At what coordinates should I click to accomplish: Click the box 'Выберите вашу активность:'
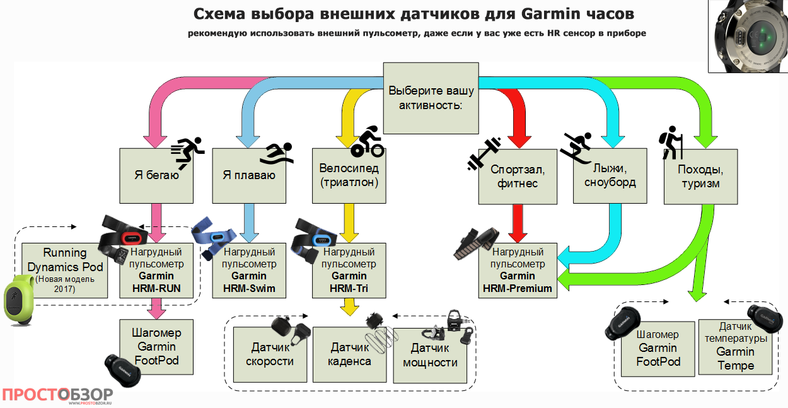pyautogui.click(x=432, y=98)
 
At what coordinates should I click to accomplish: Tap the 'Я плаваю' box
pyautogui.click(x=249, y=176)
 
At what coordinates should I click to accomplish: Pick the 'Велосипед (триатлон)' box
pyautogui.click(x=349, y=176)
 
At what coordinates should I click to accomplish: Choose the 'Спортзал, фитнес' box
pyautogui.click(x=518, y=176)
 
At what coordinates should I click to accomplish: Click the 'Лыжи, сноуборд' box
pyautogui.click(x=610, y=176)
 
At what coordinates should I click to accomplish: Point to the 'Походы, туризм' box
pyautogui.click(x=700, y=176)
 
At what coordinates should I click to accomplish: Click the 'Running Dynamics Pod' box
pyautogui.click(x=65, y=270)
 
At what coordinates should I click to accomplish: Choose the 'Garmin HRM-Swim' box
pyautogui.click(x=250, y=270)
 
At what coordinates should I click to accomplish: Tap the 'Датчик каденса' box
pyautogui.click(x=351, y=354)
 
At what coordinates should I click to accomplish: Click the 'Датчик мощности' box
pyautogui.click(x=430, y=354)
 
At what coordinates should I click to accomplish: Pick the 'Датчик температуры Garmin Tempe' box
pyautogui.click(x=735, y=347)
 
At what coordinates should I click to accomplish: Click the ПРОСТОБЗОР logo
pyautogui.click(x=57, y=395)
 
